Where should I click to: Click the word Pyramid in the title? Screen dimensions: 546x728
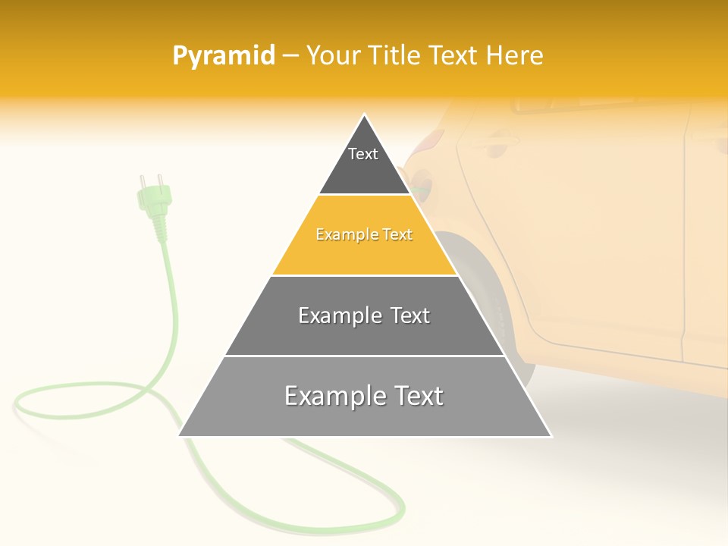click(x=224, y=56)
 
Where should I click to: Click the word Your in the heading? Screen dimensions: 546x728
click(x=334, y=56)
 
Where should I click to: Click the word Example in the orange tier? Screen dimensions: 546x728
click(x=340, y=235)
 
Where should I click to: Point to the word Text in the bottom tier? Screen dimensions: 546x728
click(x=414, y=396)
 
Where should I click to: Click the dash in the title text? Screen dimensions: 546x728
click(x=290, y=56)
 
